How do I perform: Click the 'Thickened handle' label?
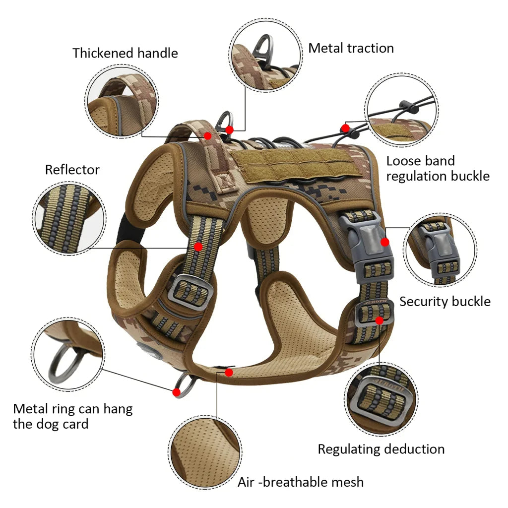pyautogui.click(x=125, y=53)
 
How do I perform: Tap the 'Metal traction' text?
pyautogui.click(x=351, y=48)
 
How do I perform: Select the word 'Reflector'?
pyautogui.click(x=72, y=170)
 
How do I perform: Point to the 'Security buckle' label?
pyautogui.click(x=444, y=302)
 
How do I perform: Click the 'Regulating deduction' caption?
pyautogui.click(x=381, y=449)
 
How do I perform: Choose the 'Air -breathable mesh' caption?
pyautogui.click(x=300, y=482)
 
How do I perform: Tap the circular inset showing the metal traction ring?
pyautogui.click(x=266, y=55)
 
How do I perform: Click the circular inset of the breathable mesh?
pyautogui.click(x=205, y=451)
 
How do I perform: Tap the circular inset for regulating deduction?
pyautogui.click(x=381, y=399)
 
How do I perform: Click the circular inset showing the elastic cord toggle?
pyautogui.click(x=402, y=110)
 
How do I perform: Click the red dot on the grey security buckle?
pyautogui.click(x=385, y=242)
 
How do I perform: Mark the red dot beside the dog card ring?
pyautogui.click(x=176, y=392)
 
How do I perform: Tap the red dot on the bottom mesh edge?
pyautogui.click(x=229, y=372)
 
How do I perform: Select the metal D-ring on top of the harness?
pyautogui.click(x=225, y=121)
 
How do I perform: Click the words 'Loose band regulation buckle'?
pyautogui.click(x=438, y=168)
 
